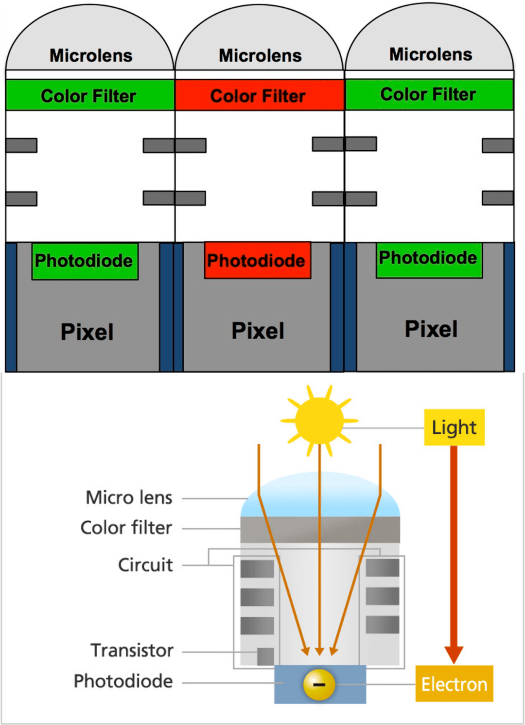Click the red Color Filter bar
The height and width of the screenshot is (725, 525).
click(x=259, y=95)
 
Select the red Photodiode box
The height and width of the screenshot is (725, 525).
click(x=257, y=261)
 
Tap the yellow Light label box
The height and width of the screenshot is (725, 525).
click(x=454, y=427)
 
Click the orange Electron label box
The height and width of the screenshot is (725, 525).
click(x=454, y=684)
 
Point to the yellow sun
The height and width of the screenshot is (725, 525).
click(x=319, y=421)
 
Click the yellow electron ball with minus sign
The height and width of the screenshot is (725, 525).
click(x=319, y=685)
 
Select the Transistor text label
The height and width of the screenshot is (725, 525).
click(x=132, y=651)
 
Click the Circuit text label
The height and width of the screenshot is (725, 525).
click(x=145, y=565)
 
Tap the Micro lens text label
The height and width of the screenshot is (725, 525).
click(x=129, y=497)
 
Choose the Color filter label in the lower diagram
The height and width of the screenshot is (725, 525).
click(x=126, y=528)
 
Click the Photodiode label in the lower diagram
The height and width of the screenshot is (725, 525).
click(x=123, y=681)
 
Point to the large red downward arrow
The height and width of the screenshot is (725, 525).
click(x=454, y=554)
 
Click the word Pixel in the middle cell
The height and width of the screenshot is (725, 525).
click(x=258, y=331)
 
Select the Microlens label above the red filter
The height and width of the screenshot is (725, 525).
click(x=260, y=55)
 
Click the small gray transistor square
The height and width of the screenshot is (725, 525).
click(x=265, y=656)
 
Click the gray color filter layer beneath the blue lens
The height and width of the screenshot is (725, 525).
click(x=320, y=530)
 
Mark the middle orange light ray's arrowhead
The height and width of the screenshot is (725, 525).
click(x=319, y=651)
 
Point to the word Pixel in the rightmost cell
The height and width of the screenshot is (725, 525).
click(x=431, y=329)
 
